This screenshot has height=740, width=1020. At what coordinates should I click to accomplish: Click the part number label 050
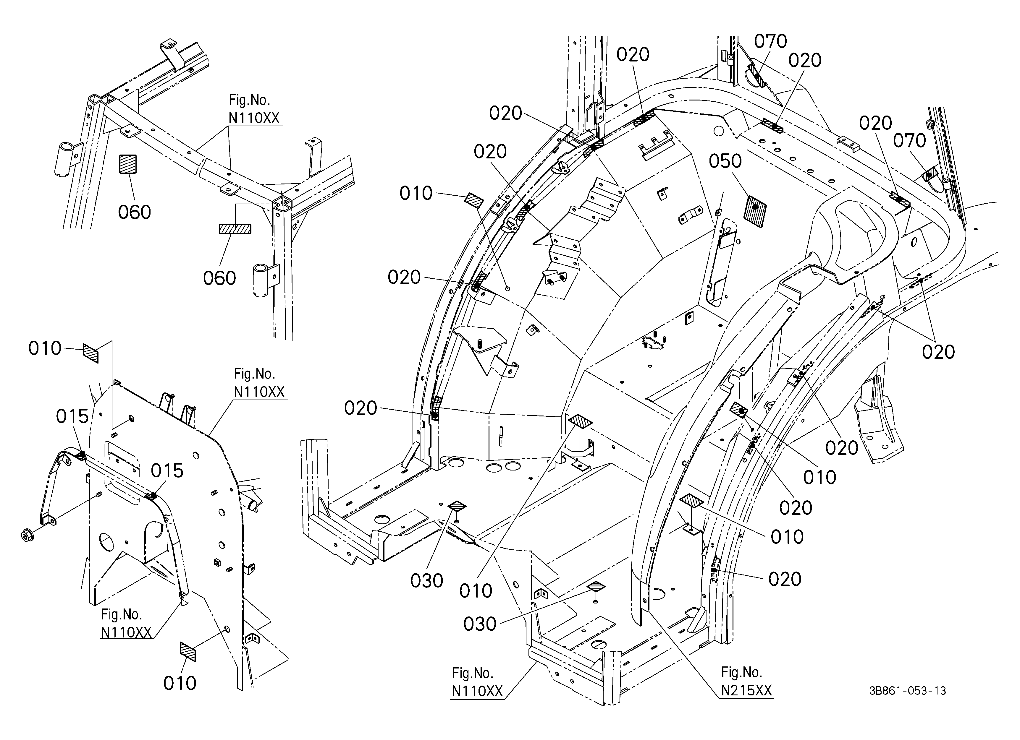point(725,161)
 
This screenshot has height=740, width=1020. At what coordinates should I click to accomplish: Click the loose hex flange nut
point(28,535)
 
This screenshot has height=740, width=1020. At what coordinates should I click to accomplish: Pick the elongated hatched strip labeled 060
point(235,229)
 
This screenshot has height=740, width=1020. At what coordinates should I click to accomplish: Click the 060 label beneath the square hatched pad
point(135,212)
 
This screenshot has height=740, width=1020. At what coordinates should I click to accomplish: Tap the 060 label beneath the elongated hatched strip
point(219,278)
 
